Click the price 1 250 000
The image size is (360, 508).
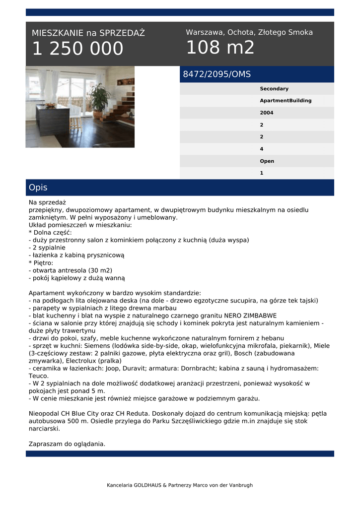point(77,49)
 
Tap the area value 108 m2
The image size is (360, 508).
point(220,48)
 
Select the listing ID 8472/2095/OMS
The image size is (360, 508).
point(217,74)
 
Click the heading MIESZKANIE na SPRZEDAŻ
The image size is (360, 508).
point(88,33)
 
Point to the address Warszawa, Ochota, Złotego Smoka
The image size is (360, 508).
point(249,32)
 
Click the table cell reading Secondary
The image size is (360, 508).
point(274,89)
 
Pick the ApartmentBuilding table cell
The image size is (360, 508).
point(286,101)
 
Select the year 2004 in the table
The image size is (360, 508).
point(267,113)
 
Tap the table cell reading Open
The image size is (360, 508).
point(267,161)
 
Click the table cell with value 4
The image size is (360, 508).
point(262,149)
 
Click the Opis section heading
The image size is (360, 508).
point(38,188)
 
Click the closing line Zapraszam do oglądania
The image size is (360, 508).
point(67,444)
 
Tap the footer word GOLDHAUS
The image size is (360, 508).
point(147,485)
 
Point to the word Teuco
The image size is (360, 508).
point(39,376)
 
